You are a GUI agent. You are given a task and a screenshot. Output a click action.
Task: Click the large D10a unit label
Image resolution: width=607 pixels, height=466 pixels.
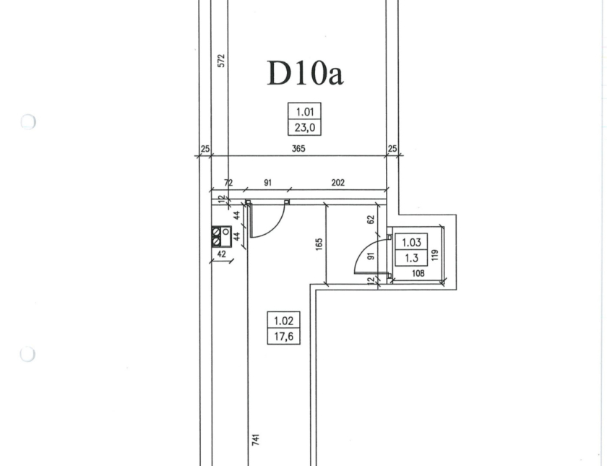pos(305,73)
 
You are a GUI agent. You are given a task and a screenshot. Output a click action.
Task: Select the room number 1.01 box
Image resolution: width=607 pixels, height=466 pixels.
pos(305,112)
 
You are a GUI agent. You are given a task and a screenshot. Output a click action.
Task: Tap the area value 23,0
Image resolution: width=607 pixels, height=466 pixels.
pos(305,127)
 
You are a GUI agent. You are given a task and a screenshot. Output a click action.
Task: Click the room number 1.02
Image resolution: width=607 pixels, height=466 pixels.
pos(284,321)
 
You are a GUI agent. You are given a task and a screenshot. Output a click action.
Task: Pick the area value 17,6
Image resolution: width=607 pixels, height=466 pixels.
pos(284,337)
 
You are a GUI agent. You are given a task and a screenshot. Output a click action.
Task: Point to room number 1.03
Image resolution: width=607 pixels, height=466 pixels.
pos(411,242)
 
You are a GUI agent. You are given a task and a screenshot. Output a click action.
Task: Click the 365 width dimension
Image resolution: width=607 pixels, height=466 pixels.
pos(298,149)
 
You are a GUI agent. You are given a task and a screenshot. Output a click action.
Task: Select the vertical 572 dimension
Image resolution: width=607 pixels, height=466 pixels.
pos(221,61)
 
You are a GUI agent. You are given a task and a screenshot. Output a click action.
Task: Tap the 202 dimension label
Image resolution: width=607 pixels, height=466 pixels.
pos(338,182)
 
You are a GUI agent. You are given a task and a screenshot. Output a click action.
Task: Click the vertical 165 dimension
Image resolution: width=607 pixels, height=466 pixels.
pos(319,244)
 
